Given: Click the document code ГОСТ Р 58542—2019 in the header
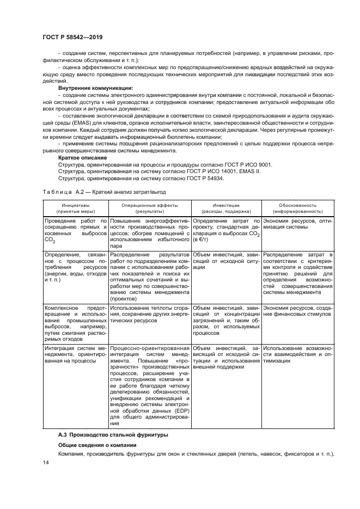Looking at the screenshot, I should [72, 37].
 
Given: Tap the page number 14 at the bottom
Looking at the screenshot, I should [45, 462].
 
